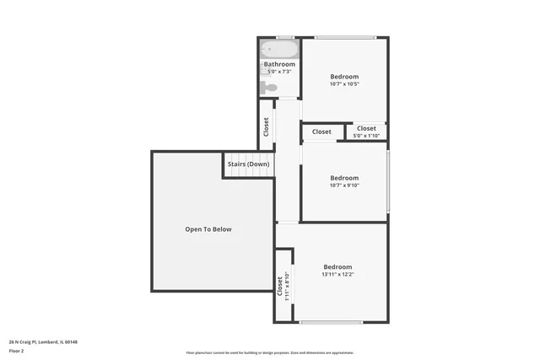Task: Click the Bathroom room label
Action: pos(279,64)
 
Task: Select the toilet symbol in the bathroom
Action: pos(270,86)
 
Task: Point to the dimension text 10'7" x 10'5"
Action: pos(344,84)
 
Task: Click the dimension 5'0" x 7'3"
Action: pos(279,73)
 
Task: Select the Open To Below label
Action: pos(208,229)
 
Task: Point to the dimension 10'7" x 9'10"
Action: pos(344,185)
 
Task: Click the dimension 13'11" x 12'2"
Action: pos(337,274)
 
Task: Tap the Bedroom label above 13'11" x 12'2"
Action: pos(337,266)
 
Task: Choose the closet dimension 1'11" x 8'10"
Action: pos(287,287)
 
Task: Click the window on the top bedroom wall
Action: pos(345,37)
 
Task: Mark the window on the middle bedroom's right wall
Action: pos(388,181)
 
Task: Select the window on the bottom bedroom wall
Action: pos(331,322)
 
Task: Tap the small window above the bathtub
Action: pos(285,37)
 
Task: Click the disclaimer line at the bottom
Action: pos(270,353)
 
